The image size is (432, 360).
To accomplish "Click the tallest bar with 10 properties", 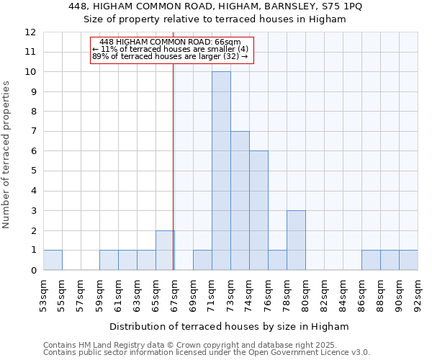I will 221,171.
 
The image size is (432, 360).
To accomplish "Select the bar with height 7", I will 240,201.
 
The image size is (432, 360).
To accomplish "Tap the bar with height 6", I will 258,210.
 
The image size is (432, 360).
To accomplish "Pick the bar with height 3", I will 296,240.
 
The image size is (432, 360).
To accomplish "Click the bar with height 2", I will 165,251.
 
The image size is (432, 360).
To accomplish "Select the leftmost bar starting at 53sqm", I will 53,260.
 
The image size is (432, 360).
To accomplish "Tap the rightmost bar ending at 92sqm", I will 408,260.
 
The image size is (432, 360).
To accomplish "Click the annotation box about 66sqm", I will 172,50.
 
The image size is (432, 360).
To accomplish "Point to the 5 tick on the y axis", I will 32,171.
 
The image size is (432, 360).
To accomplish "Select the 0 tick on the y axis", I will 32,271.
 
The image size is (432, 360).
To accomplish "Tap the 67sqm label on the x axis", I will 174,296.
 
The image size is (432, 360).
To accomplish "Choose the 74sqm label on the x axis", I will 249,296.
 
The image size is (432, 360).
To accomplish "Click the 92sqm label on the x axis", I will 418,296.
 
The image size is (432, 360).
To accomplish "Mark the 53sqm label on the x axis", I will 43,296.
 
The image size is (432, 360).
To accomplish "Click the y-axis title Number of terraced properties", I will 6,154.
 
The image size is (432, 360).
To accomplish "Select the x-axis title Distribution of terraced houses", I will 229,326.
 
